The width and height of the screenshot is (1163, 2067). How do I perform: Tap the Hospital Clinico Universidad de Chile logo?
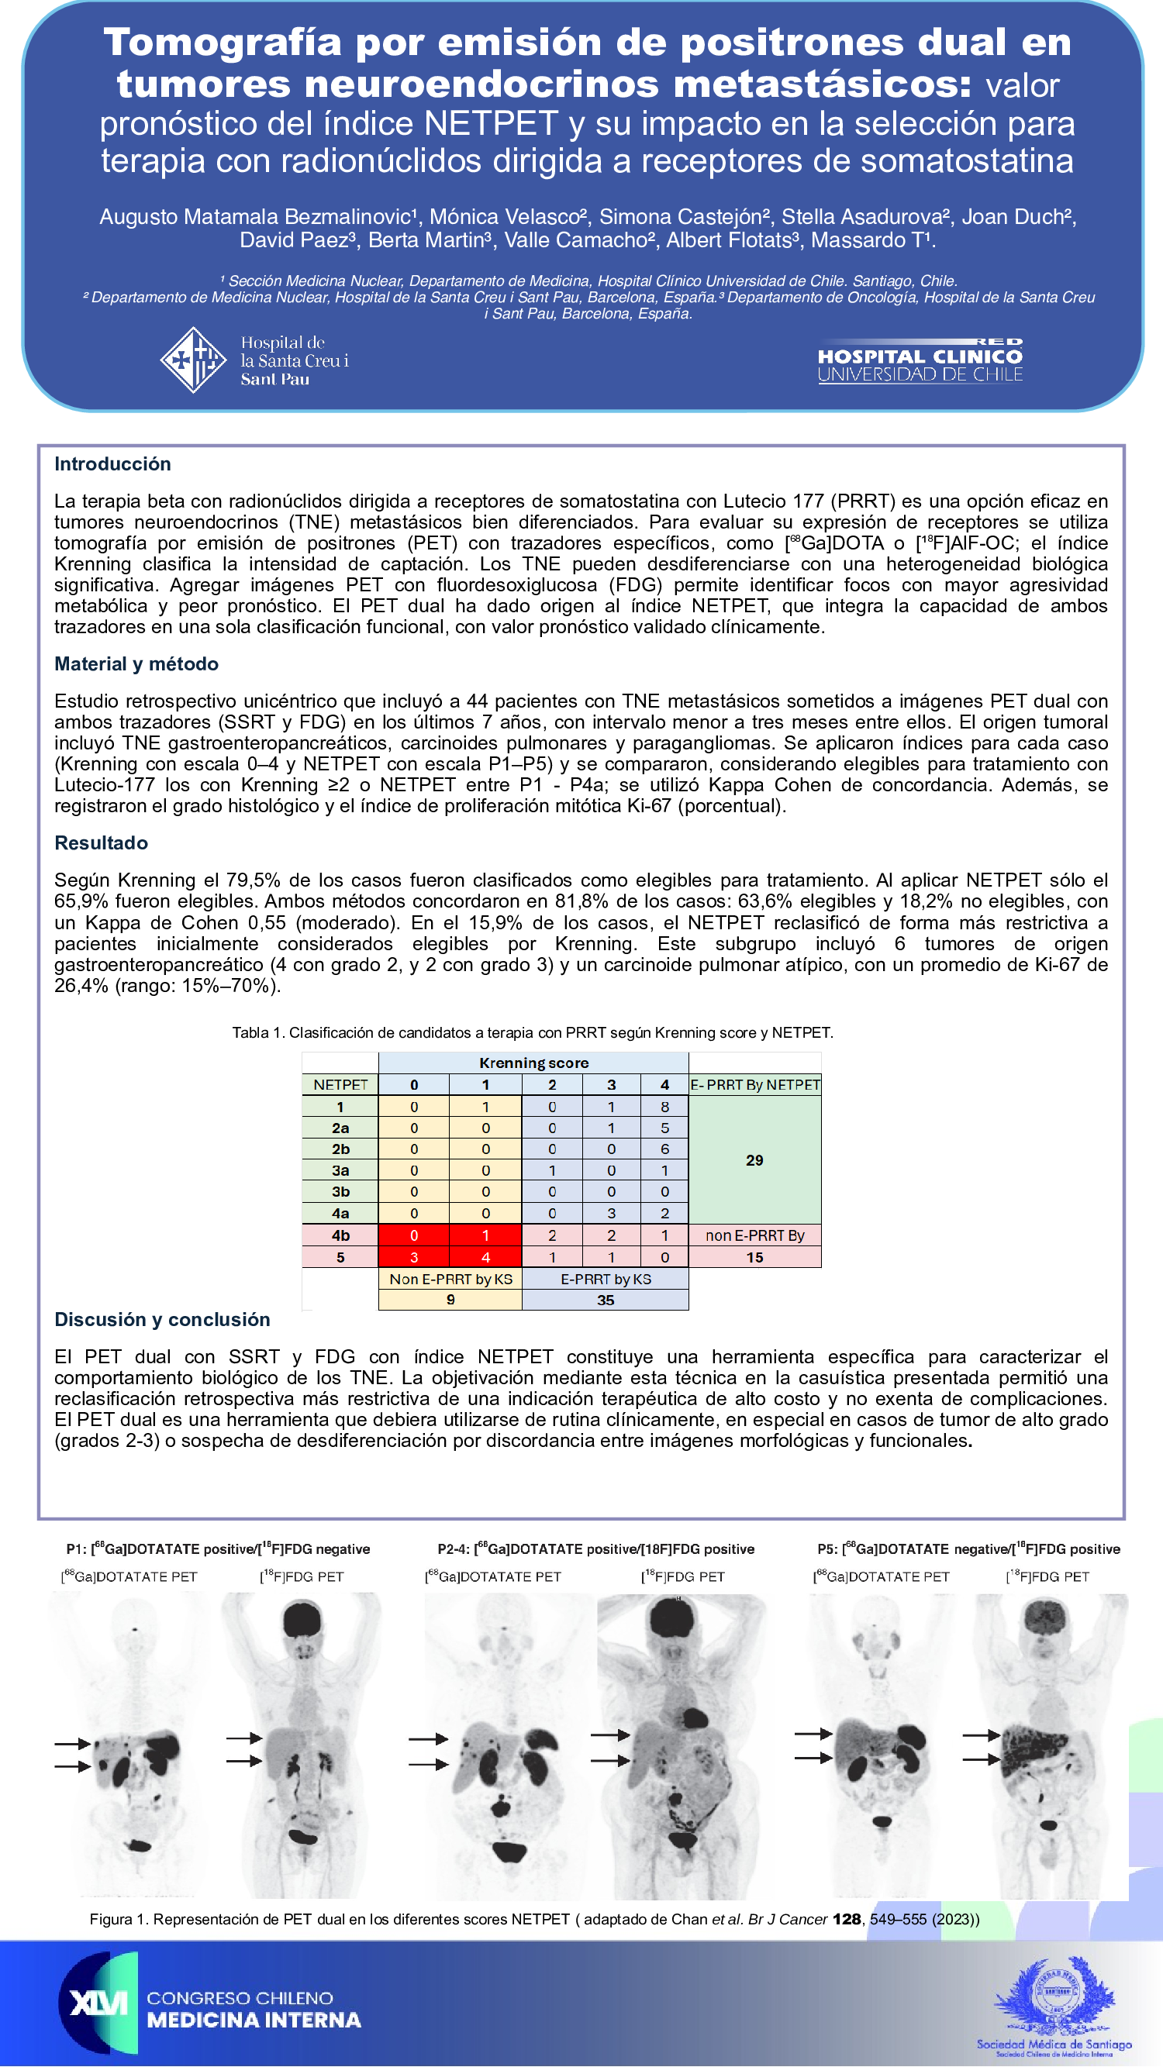[x=920, y=361]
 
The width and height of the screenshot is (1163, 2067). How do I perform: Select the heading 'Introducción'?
[x=112, y=463]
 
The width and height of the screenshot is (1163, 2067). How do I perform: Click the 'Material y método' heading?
[x=136, y=663]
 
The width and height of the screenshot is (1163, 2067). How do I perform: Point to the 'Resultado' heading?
[x=101, y=842]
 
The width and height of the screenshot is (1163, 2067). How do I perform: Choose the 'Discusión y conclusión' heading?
[x=162, y=1319]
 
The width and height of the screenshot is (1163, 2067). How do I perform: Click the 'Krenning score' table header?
[x=533, y=1063]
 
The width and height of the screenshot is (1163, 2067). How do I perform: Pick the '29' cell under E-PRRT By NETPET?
[x=754, y=1159]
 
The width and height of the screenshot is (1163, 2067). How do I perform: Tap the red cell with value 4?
[x=485, y=1257]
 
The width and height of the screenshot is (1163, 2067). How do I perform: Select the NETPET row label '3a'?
[x=340, y=1171]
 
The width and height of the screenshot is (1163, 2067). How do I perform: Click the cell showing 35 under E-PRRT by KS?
[x=606, y=1300]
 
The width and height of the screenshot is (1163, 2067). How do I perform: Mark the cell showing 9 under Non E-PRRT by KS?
[x=450, y=1300]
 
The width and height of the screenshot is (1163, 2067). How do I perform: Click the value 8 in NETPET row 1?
[x=664, y=1107]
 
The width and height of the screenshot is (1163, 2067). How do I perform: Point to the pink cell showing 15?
[x=754, y=1257]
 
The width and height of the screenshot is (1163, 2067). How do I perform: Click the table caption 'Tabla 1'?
[x=532, y=1032]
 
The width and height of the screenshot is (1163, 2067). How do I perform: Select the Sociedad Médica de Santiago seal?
[x=1054, y=2001]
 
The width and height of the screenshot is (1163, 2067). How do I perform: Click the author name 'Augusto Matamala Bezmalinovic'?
[x=255, y=217]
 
